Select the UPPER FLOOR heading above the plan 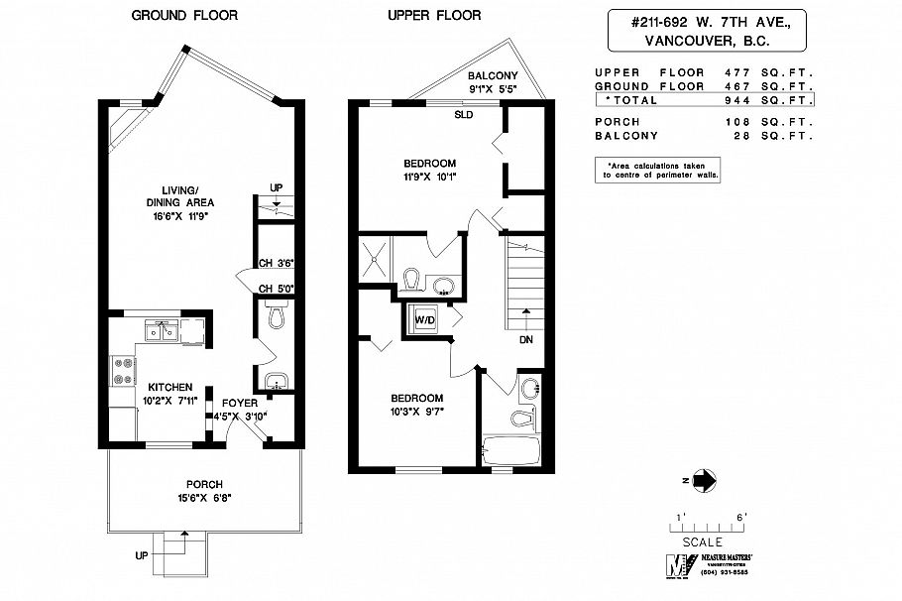(434, 16)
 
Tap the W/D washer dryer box (424, 320)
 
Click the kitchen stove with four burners (125, 370)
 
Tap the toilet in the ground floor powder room (275, 316)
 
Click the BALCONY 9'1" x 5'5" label (493, 82)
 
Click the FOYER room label (239, 404)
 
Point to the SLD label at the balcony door (463, 114)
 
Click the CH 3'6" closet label (276, 263)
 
